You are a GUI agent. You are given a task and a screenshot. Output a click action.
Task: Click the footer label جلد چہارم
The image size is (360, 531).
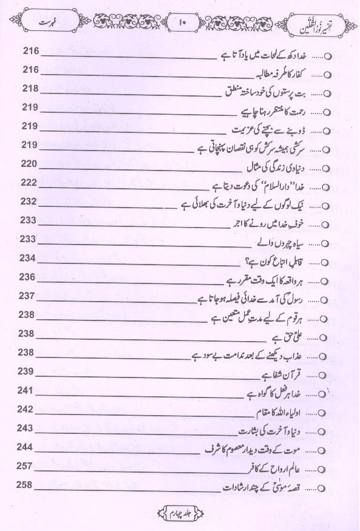(x=181, y=516)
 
